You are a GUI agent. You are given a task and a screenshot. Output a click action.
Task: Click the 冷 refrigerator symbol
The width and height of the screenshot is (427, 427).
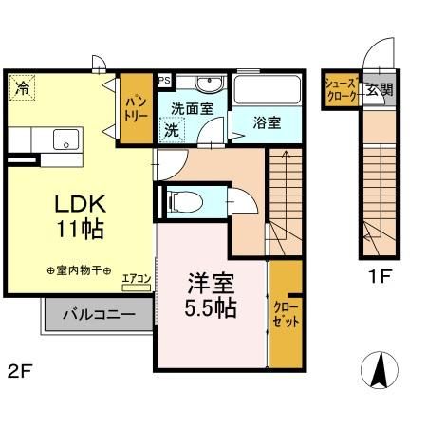click(x=21, y=89)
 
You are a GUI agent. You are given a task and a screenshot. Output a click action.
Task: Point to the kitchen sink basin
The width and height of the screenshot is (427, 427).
click(x=65, y=139)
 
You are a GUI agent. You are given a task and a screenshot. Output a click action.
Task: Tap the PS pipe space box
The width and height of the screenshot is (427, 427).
click(x=164, y=82)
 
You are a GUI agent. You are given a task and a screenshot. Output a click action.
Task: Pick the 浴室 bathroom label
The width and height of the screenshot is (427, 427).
click(x=267, y=122)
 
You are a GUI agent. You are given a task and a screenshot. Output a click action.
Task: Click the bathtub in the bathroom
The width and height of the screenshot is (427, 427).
click(x=267, y=91)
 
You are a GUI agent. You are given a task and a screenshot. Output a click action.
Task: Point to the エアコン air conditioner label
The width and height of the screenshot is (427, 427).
click(x=137, y=278)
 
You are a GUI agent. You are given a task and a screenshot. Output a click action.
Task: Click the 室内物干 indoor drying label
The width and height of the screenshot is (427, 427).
click(x=80, y=270)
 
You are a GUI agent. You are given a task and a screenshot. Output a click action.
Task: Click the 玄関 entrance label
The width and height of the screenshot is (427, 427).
click(x=380, y=90)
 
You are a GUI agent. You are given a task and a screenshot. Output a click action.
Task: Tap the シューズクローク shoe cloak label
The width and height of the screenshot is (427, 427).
click(x=343, y=90)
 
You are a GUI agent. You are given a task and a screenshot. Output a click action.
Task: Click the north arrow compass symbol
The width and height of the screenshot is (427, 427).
click(x=378, y=368)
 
